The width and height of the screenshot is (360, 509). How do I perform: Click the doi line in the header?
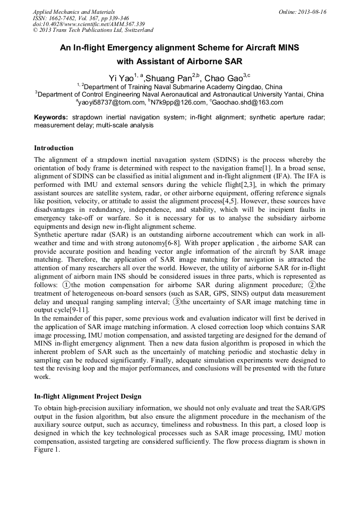pyautogui.click(x=89, y=24)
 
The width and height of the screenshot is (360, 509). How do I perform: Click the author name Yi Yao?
pyautogui.click(x=122, y=79)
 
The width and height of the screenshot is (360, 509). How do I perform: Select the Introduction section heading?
pyautogui.click(x=54, y=148)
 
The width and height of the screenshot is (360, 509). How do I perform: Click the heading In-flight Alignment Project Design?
pyautogui.click(x=88, y=396)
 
